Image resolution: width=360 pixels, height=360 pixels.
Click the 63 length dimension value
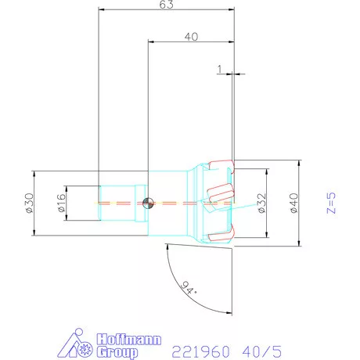tap(166, 5)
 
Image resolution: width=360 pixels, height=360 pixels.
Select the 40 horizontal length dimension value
tap(191, 37)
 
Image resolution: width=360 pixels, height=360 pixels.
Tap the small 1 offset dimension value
tap(220, 69)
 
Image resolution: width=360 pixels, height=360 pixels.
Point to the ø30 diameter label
tap(30, 203)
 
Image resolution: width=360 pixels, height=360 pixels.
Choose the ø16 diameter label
tap(62, 203)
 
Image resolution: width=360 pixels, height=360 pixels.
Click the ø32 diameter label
tap(262, 203)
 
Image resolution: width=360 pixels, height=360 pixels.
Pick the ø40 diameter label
tap(294, 203)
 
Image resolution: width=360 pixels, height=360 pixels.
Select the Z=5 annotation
tap(331, 203)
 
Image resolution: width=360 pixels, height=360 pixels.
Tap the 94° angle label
tap(189, 288)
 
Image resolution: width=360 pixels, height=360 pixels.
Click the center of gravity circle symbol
tap(148, 203)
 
